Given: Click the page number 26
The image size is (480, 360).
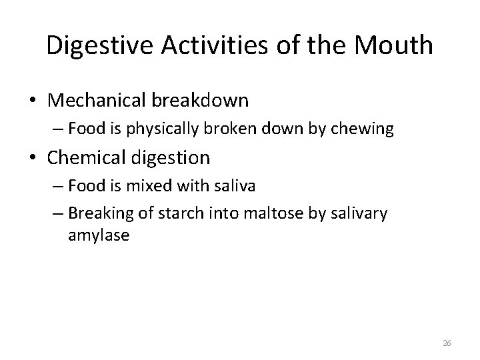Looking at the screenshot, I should click(447, 343).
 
